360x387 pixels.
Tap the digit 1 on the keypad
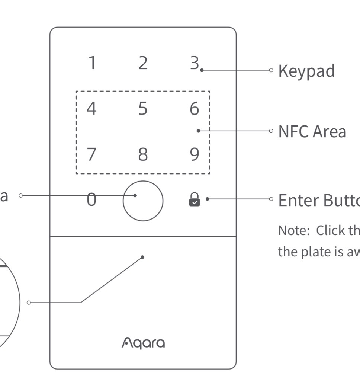(92, 63)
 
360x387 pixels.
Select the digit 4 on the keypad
(91, 109)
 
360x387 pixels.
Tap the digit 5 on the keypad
(143, 109)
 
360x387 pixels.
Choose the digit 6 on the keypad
(194, 109)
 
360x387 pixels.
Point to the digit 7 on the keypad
(91, 154)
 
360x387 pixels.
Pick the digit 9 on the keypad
(194, 154)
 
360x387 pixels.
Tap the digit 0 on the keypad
(91, 200)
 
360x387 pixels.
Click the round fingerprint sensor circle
(143, 201)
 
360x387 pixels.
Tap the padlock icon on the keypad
(194, 199)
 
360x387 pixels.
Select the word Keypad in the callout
(306, 71)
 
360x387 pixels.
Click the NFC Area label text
(312, 131)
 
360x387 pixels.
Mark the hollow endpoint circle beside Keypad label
(271, 70)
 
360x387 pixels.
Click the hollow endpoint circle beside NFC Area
(271, 131)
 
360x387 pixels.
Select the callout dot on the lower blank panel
(143, 257)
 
